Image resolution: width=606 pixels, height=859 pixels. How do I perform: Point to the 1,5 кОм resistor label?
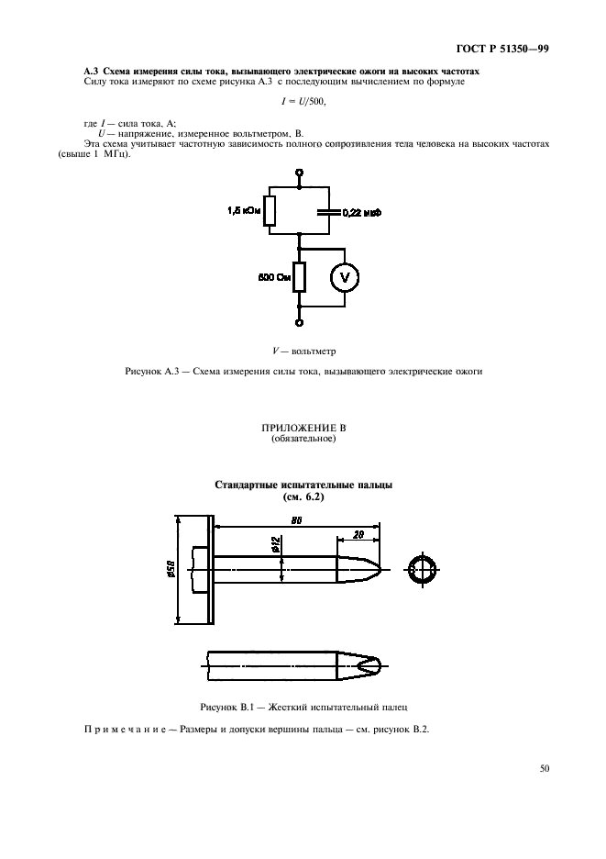(243, 211)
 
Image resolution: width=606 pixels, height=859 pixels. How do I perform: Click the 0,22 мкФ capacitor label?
(361, 212)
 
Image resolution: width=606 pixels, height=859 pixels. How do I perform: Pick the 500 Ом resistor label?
(274, 275)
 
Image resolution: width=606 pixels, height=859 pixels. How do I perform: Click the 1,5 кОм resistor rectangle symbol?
(269, 211)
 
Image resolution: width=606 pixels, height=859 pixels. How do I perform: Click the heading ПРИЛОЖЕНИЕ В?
(303, 428)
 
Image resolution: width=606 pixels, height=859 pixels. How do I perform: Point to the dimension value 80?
(298, 520)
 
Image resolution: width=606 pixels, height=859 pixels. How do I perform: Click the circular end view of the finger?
(422, 570)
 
